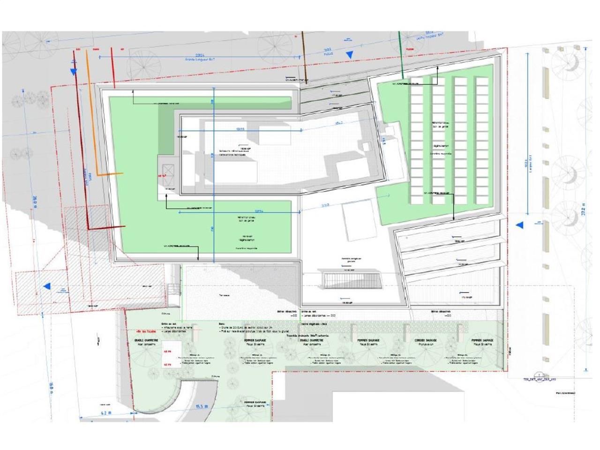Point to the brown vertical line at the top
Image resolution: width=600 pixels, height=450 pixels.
(x=304, y=56)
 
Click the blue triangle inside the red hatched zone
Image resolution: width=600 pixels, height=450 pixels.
(x=47, y=286)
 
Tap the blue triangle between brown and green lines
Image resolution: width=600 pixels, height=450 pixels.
(x=349, y=55)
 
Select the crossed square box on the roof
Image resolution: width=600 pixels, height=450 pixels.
(x=167, y=171)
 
